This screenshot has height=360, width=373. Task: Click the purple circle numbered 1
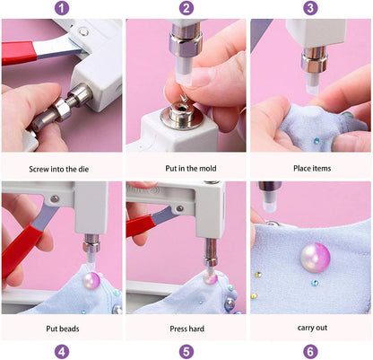point(62,8)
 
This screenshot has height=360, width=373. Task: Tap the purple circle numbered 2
point(186,8)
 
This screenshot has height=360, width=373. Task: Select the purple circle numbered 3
point(310,8)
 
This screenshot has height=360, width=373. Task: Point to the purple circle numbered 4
point(62,352)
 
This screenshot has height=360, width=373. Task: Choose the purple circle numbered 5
point(186,352)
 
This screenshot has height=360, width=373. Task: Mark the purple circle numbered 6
point(310,352)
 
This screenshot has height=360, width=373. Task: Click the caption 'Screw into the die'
point(59,169)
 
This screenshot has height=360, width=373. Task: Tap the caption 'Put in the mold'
point(191,168)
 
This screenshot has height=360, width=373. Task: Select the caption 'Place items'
point(312,168)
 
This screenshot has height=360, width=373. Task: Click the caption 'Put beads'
point(63,329)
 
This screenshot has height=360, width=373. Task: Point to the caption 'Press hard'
point(187,329)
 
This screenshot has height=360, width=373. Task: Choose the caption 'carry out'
point(312,328)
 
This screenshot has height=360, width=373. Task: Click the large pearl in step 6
point(316,258)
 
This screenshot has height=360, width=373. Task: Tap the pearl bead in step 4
point(91,280)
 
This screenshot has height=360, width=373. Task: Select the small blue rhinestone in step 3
point(317,140)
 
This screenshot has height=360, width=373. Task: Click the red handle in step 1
point(19,53)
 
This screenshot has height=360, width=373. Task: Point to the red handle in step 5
point(141,225)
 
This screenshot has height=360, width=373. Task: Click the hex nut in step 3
point(314,61)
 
